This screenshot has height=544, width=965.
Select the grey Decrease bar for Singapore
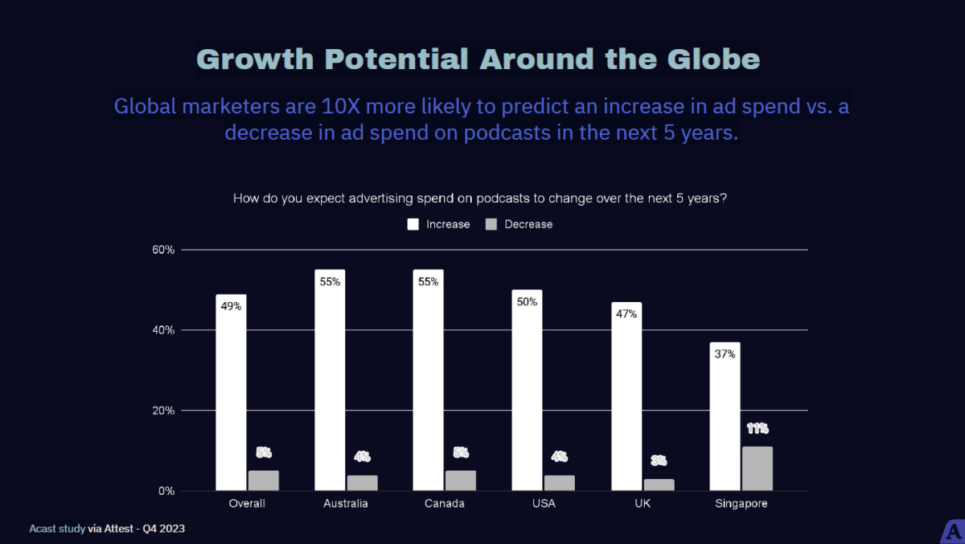point(757,468)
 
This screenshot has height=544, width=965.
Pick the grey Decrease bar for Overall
point(263,481)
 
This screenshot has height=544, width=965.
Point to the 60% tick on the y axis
point(163,250)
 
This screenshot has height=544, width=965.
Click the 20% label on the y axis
point(163,411)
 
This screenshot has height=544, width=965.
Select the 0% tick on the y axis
point(166,491)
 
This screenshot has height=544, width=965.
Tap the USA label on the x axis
point(544,504)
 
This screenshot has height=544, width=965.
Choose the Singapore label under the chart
point(741,504)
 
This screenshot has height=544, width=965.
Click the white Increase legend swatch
point(413,224)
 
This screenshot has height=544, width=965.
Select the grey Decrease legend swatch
point(491,224)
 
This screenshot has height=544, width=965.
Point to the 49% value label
point(232,305)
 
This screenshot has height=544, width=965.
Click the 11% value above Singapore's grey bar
point(757,428)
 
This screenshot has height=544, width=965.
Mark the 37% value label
point(725,354)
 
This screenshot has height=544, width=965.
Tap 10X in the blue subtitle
point(325,106)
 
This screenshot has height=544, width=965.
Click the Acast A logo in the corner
point(953,533)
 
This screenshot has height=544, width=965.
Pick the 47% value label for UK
point(626,313)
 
